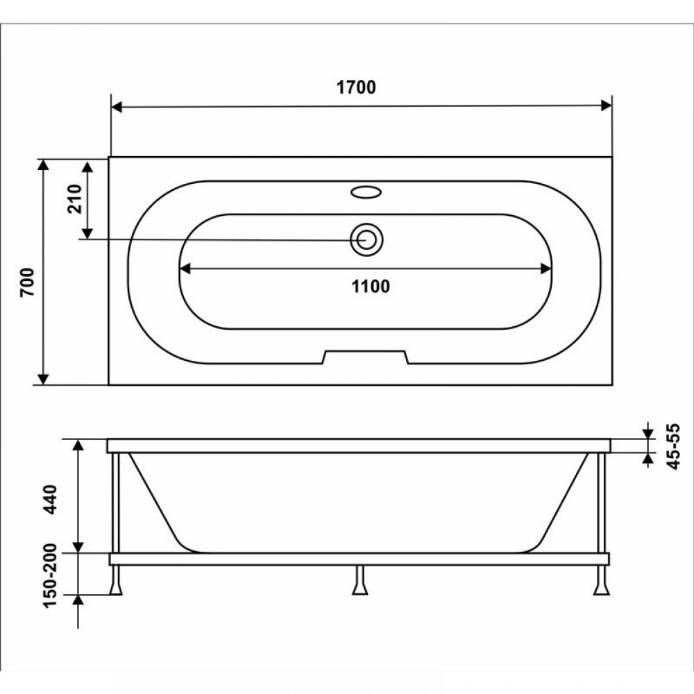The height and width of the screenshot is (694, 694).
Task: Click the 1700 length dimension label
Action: tap(356, 87)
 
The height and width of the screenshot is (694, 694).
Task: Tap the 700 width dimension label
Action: tap(28, 282)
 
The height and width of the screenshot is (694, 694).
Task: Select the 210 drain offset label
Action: tap(75, 199)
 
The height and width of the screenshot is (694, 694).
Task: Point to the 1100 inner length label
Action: tap(371, 287)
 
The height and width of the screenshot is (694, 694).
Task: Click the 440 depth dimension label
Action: tap(50, 500)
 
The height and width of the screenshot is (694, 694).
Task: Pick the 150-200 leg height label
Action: tap(50, 575)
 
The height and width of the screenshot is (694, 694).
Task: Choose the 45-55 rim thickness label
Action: tap(672, 446)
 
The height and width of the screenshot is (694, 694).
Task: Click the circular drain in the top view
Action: tap(366, 239)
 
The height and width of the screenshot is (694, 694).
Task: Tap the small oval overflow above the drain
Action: tap(366, 192)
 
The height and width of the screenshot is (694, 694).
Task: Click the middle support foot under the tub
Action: tap(359, 580)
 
